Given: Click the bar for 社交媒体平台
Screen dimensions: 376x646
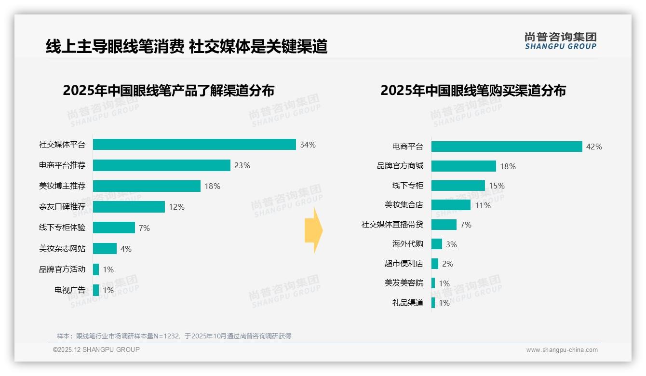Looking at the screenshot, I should (194, 145).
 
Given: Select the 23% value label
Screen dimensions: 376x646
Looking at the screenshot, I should (242, 165).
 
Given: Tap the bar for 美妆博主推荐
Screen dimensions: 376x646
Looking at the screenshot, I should (147, 186).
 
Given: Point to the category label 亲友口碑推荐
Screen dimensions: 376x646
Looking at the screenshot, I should (62, 207).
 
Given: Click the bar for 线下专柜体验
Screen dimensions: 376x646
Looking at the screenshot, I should (114, 228).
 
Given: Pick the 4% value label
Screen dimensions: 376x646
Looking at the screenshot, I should (126, 249).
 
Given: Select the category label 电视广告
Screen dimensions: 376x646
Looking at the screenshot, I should (70, 290).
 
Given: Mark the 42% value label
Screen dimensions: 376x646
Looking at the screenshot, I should (594, 147).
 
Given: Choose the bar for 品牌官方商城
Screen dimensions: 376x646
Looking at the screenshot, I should (464, 166).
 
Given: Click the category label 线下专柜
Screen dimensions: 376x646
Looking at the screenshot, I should (408, 186).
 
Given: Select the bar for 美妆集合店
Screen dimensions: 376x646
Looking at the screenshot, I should (451, 205).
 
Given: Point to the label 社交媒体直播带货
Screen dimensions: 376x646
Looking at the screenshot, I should (392, 225).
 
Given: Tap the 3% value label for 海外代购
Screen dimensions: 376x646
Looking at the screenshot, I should (451, 244).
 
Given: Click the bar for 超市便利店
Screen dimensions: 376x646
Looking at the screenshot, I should (435, 264).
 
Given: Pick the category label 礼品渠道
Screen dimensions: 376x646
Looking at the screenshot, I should (408, 303).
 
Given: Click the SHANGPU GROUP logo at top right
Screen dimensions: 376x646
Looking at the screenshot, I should (560, 40).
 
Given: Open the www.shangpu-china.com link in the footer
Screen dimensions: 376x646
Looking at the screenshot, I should (562, 350).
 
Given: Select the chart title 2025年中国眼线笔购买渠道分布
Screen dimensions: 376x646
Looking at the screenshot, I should (473, 91).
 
